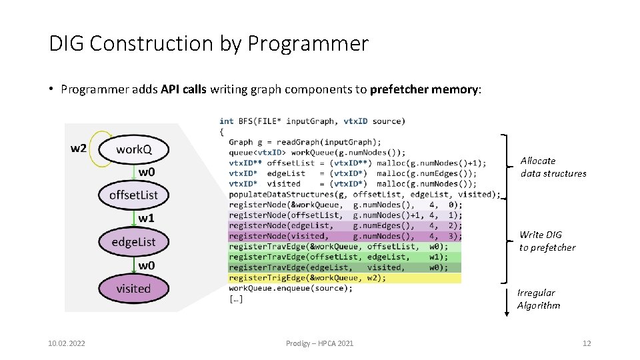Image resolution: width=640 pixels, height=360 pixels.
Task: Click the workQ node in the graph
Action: (x=133, y=149)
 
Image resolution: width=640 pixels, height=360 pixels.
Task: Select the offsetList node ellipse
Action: (x=133, y=195)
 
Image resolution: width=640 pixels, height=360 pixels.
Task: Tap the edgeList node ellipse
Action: (x=133, y=241)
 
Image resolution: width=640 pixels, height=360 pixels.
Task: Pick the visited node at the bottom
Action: (x=133, y=289)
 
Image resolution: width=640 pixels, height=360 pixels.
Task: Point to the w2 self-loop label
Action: (x=79, y=147)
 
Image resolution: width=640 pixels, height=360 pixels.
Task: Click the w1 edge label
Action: (x=147, y=218)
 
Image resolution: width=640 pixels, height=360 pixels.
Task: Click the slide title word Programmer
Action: (x=307, y=44)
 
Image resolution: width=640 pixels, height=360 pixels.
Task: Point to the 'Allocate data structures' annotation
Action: (x=553, y=167)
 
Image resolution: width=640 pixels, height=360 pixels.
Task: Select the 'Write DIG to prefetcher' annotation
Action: (x=547, y=241)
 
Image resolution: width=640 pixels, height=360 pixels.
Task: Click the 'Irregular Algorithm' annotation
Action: (x=538, y=299)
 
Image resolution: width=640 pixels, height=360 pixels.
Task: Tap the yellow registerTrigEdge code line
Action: (x=307, y=278)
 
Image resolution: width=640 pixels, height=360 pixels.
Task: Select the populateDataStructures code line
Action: (x=364, y=194)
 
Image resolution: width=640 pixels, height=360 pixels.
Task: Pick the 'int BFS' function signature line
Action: (x=311, y=121)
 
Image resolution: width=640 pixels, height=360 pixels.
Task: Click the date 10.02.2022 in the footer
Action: (x=67, y=343)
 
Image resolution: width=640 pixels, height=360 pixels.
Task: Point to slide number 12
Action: (x=587, y=343)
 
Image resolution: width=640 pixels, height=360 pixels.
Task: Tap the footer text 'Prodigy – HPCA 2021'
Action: (x=320, y=343)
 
